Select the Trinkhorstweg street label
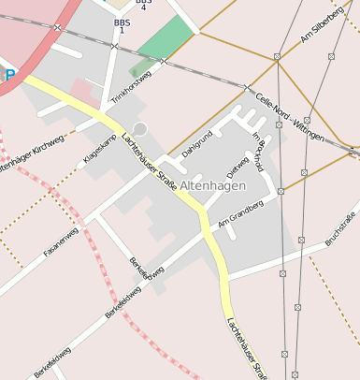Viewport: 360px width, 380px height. click(x=131, y=87)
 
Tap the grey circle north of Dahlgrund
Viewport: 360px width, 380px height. click(x=140, y=128)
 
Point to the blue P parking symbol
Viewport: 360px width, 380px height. click(x=7, y=75)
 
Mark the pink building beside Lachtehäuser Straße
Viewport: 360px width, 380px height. click(x=83, y=91)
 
